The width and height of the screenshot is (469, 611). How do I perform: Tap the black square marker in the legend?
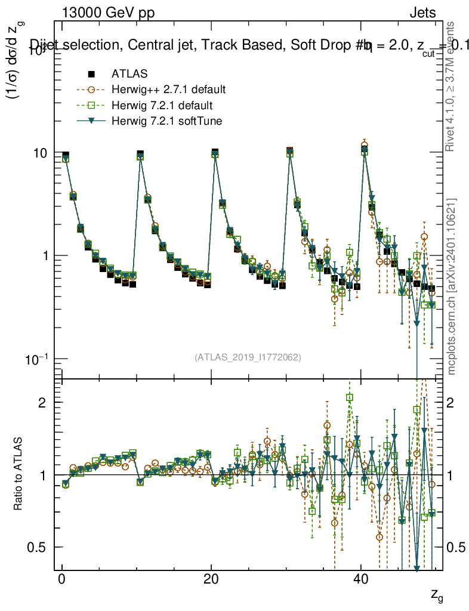(91, 74)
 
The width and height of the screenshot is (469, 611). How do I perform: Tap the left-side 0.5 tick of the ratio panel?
(42, 547)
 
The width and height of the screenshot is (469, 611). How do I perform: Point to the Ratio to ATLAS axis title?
(18, 474)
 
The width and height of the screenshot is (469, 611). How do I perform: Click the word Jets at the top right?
(422, 13)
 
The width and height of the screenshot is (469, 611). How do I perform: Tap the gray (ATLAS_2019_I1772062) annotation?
(248, 357)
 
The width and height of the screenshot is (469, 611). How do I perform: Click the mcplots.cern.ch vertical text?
(452, 286)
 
